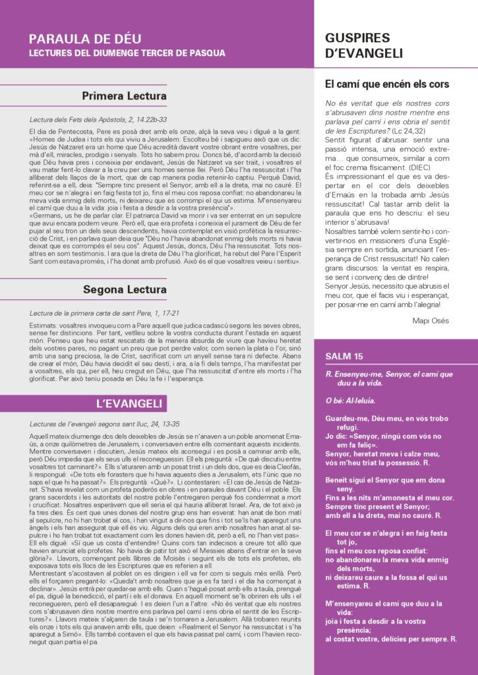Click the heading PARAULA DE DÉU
coord(85,39)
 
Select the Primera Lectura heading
coord(124,96)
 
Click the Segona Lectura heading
coord(125,289)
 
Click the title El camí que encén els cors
coord(387,84)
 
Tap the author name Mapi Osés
coord(432,320)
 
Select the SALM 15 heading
coord(344,357)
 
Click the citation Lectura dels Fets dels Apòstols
coord(89,120)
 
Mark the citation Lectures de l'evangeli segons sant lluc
coord(95,424)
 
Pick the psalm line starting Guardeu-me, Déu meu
coord(386,419)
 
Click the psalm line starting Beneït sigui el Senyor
coord(389,481)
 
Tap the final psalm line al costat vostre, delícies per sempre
coord(391,639)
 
